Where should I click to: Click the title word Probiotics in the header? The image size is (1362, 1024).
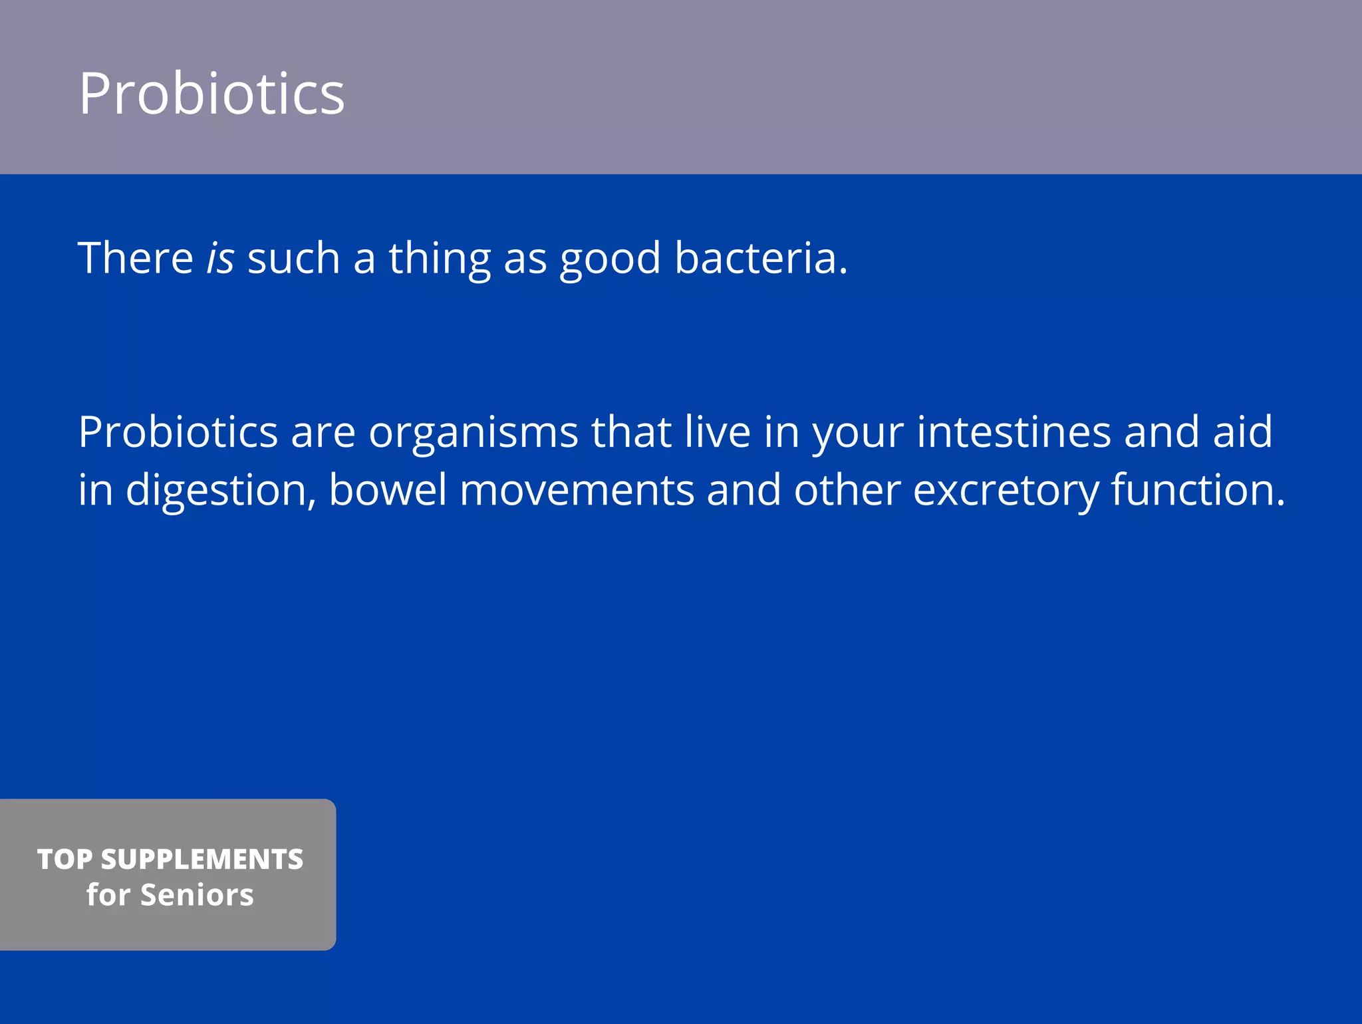(x=211, y=94)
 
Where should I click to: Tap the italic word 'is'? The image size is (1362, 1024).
(x=220, y=258)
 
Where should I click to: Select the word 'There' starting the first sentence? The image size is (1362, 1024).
(x=136, y=258)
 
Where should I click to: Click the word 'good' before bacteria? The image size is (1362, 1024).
(x=610, y=259)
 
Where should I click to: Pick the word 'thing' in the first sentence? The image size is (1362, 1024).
(x=440, y=259)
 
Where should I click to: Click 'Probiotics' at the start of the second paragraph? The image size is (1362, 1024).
(x=178, y=432)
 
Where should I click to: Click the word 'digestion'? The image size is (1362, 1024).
(x=216, y=491)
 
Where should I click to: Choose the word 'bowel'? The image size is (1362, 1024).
(x=387, y=490)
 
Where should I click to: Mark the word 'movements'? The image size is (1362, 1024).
(x=577, y=491)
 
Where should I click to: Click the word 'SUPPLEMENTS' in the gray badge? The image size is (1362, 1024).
(x=202, y=859)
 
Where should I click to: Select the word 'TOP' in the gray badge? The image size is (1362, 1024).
(x=65, y=859)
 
